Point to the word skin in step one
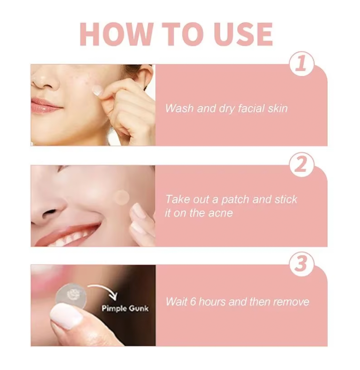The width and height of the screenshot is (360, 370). click(x=276, y=108)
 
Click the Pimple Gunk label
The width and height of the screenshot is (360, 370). click(x=125, y=308)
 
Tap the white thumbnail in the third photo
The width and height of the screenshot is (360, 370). click(x=67, y=316)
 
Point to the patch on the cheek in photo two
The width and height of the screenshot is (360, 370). click(x=121, y=197)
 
